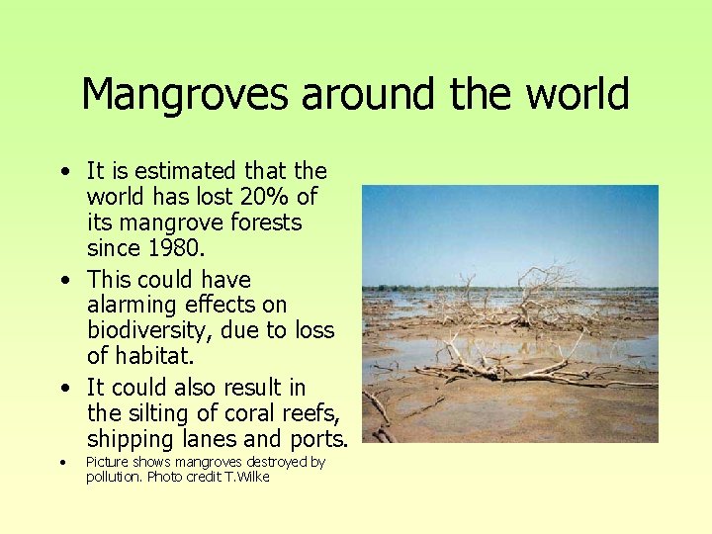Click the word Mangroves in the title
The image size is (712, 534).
point(186,95)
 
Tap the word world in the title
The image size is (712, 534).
point(578,95)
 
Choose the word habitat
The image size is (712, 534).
point(155,356)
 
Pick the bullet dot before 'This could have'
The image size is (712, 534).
point(64,280)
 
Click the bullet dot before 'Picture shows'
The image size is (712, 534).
point(61,462)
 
